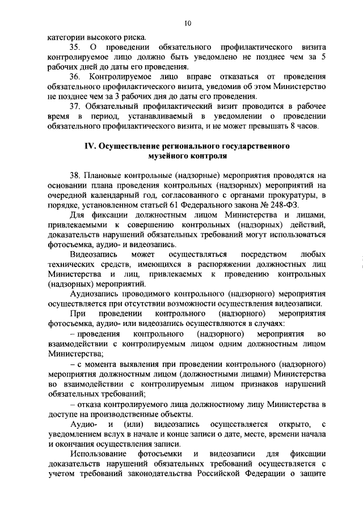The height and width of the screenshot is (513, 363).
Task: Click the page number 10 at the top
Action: [188, 23]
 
